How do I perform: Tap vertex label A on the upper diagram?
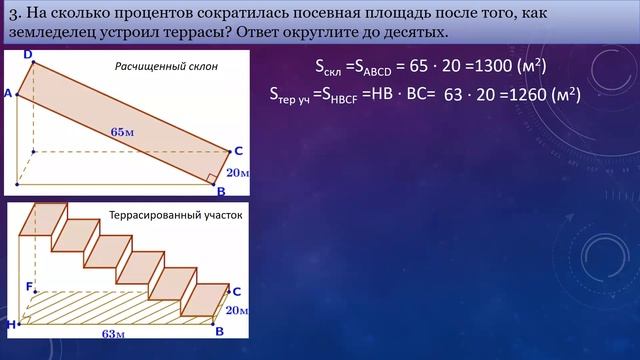tap(8, 93)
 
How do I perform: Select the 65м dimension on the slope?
tap(122, 131)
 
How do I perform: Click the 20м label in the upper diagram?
tap(238, 172)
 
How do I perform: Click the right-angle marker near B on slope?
tap(211, 178)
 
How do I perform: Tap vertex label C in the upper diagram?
tap(238, 151)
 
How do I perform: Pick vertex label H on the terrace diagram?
tap(10, 325)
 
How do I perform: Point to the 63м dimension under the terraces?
tap(114, 333)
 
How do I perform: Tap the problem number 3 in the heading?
tap(13, 13)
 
